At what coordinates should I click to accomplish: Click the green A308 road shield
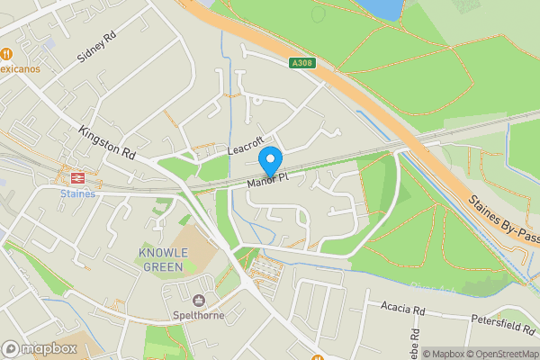(x=301, y=63)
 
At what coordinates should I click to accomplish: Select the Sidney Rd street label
(x=97, y=48)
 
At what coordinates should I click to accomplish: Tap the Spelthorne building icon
(x=200, y=300)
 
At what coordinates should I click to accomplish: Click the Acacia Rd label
(x=401, y=309)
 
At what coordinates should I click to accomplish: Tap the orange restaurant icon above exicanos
(x=7, y=52)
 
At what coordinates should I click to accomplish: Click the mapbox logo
(x=40, y=348)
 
